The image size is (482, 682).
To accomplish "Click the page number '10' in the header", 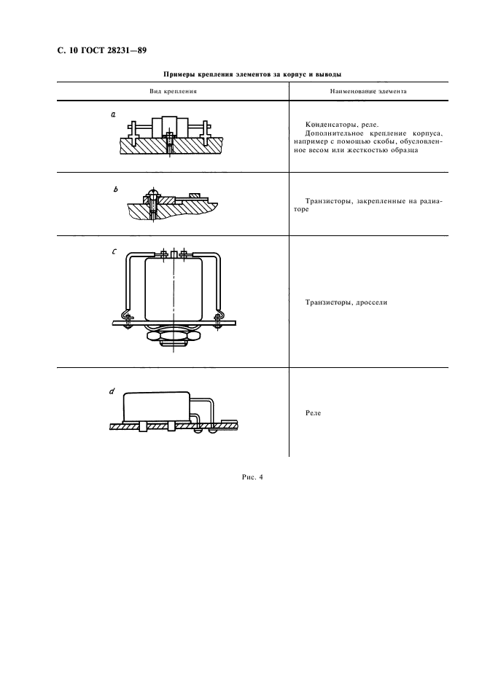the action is pyautogui.click(x=73, y=50).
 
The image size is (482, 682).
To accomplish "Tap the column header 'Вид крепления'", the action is pyautogui.click(x=173, y=91).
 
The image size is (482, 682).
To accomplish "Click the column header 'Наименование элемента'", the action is pyautogui.click(x=368, y=91).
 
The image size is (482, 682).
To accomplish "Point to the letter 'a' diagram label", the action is pyautogui.click(x=113, y=115).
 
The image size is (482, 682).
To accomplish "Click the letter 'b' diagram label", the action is pyautogui.click(x=115, y=189).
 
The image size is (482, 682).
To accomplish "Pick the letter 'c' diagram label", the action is pyautogui.click(x=114, y=251).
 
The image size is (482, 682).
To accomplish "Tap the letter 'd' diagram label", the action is pyautogui.click(x=112, y=391).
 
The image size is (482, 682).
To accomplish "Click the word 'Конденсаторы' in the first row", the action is pyautogui.click(x=330, y=125).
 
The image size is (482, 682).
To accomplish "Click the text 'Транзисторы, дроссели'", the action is pyautogui.click(x=346, y=302).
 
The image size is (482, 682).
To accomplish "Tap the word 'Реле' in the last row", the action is pyautogui.click(x=313, y=412).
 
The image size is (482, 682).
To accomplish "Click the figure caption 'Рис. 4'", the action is pyautogui.click(x=252, y=477).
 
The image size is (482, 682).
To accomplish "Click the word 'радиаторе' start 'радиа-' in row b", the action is pyautogui.click(x=432, y=201).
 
